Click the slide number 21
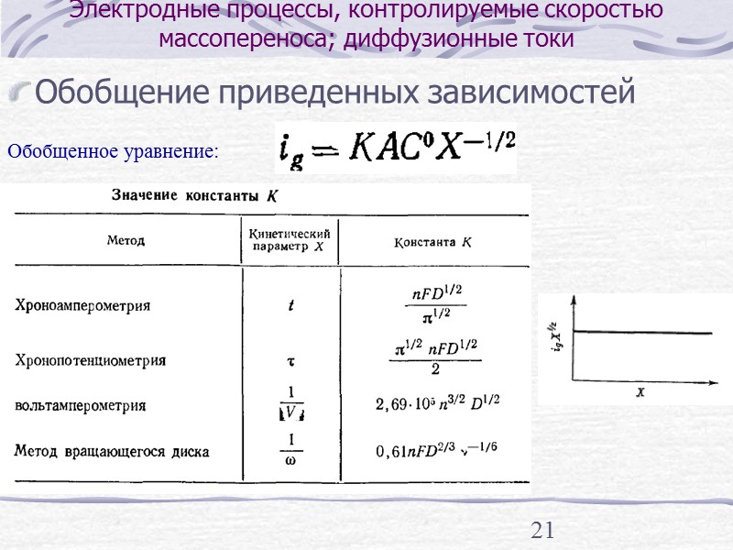coord(543,530)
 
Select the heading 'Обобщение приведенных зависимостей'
coord(334,92)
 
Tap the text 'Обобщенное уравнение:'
coord(113,151)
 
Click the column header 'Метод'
coord(126,240)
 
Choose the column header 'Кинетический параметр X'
coord(290,240)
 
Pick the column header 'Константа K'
coord(433,243)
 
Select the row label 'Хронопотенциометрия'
coord(91,360)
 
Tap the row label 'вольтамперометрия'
coord(81,404)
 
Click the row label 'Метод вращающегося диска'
coord(112,451)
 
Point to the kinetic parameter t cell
coord(290,306)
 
